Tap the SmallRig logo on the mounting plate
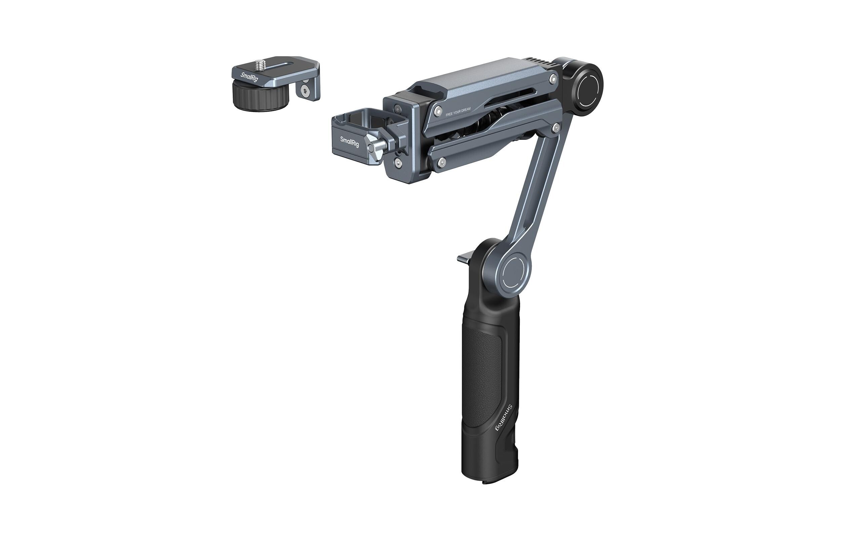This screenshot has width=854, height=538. tap(249, 77)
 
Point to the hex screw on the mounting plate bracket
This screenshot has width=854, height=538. tap(304, 91)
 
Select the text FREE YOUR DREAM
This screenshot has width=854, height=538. tap(458, 112)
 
